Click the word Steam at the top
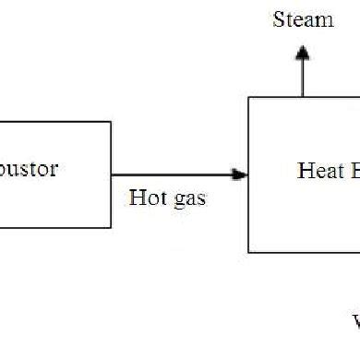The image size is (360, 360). coord(303,19)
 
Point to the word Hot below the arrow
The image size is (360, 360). coord(146,198)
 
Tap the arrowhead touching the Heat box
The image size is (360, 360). coord(241,174)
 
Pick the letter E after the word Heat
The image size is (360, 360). coord(352,171)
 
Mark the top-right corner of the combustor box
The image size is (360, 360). coord(111,121)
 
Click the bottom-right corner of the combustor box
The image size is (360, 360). coord(111,227)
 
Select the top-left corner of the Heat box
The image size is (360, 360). coord(248,97)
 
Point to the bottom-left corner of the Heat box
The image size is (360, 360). coord(248,251)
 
